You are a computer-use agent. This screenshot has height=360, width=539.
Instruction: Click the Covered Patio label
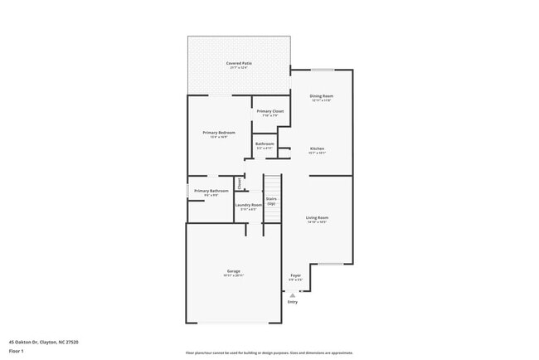(x=239, y=63)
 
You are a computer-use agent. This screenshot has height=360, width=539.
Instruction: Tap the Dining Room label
(x=321, y=96)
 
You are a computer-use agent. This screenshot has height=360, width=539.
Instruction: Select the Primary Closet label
(x=269, y=111)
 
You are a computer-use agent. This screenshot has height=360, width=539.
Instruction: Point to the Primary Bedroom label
(x=219, y=133)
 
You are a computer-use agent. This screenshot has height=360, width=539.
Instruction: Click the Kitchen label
(x=317, y=148)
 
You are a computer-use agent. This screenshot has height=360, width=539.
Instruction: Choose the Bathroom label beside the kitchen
(x=265, y=144)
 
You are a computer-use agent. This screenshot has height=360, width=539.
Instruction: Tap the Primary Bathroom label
(x=211, y=191)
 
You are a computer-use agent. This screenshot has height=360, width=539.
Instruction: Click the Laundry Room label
(x=248, y=205)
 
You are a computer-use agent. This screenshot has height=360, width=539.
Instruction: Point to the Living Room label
(x=317, y=217)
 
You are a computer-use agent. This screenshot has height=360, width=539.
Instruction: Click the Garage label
(x=234, y=270)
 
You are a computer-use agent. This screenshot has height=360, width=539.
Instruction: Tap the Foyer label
(x=295, y=275)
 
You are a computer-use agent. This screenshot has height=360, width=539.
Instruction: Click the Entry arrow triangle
(x=292, y=294)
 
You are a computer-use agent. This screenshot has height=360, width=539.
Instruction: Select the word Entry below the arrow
(x=292, y=302)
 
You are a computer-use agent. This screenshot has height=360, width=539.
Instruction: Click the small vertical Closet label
(x=240, y=183)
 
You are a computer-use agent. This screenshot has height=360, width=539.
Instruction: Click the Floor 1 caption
(x=17, y=351)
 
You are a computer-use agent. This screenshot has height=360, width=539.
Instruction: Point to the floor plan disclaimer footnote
(x=269, y=353)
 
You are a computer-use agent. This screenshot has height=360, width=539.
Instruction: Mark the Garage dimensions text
(x=234, y=275)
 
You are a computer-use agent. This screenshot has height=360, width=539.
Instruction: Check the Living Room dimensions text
(x=317, y=222)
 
